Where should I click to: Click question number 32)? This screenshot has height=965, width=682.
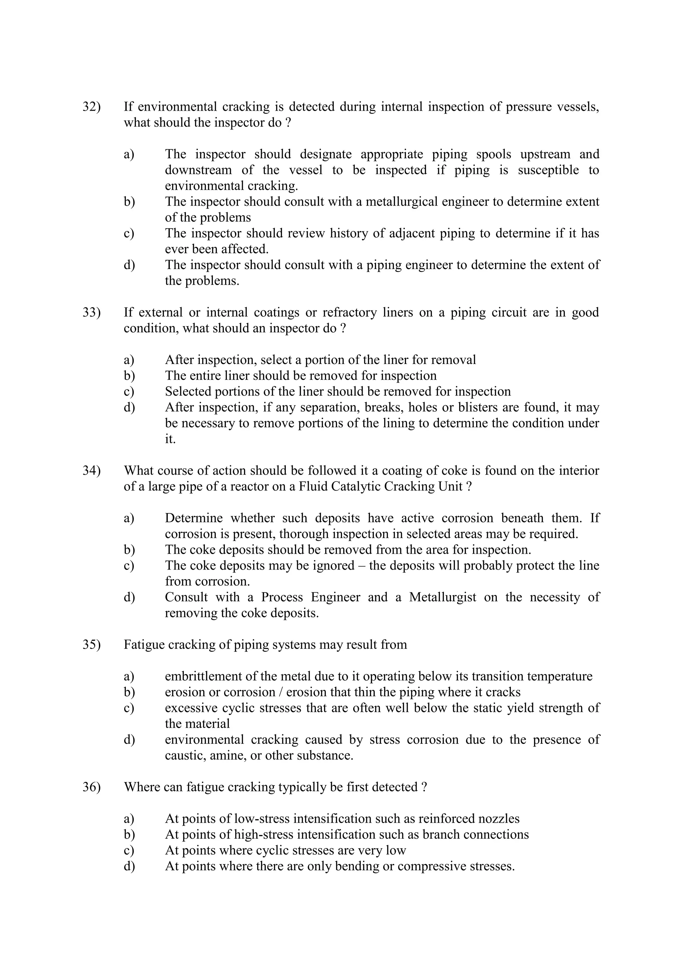[x=92, y=107]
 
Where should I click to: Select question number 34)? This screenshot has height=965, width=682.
[x=92, y=470]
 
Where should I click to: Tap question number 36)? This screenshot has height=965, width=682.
[x=92, y=787]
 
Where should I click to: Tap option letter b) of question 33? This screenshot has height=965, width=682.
[x=129, y=376]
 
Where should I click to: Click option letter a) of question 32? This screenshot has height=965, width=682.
[x=129, y=154]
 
